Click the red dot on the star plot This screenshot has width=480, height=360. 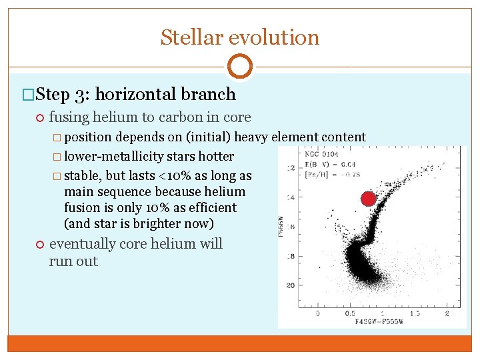(368, 199)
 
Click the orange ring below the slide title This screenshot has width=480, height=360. (239, 67)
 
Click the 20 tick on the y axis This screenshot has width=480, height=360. (290, 285)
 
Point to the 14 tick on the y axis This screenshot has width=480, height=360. (290, 199)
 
